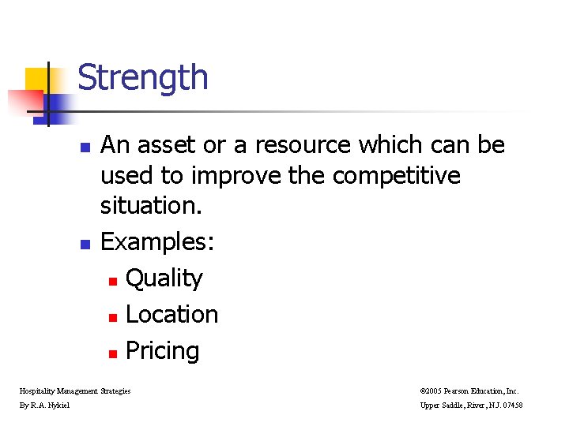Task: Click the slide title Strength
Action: (x=143, y=78)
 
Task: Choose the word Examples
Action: (x=156, y=242)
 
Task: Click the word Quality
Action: (x=164, y=278)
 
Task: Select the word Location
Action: (x=171, y=314)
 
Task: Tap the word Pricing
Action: (x=162, y=351)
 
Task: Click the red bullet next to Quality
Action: (x=113, y=281)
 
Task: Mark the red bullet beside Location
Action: (x=113, y=317)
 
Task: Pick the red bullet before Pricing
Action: (x=113, y=353)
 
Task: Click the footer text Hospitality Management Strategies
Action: (x=74, y=390)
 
